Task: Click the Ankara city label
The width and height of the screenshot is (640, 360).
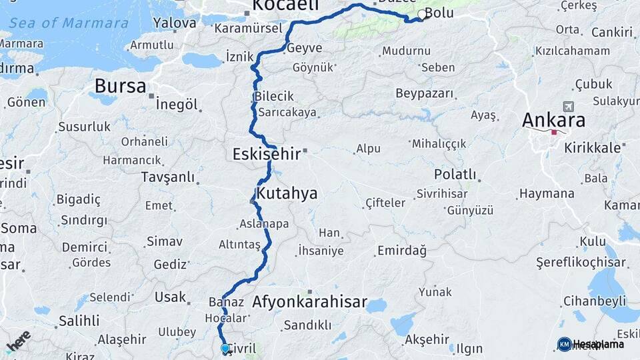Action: (554, 121)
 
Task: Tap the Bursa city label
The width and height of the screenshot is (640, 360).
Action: (120, 86)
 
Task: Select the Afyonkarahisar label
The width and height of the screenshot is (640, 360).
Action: (309, 302)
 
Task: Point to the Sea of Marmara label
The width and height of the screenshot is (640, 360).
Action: (69, 23)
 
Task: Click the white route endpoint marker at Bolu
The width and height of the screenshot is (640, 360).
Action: (421, 15)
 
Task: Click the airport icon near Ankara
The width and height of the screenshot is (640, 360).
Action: (568, 106)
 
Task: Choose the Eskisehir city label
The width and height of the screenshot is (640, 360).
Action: (266, 155)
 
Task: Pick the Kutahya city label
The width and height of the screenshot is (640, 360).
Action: (287, 194)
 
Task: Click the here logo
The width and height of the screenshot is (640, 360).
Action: (18, 340)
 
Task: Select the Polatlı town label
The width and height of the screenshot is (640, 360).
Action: (455, 175)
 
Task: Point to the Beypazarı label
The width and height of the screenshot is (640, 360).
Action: (425, 93)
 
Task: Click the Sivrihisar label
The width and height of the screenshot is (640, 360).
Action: (439, 194)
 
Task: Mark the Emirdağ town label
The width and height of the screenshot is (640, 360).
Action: (402, 250)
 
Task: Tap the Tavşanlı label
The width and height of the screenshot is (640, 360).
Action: (168, 177)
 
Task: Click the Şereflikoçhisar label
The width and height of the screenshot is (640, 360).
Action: (581, 263)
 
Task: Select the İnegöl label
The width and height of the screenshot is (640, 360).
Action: (177, 105)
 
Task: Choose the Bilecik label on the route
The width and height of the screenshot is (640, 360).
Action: (273, 97)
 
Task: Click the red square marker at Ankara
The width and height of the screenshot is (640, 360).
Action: (553, 133)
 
